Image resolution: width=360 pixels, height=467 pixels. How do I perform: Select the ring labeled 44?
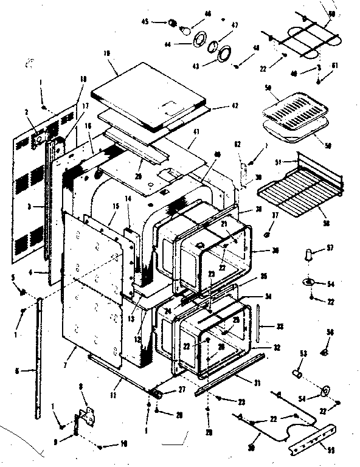(x=199, y=43)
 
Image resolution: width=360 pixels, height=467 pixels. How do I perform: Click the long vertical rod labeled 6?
(x=40, y=359)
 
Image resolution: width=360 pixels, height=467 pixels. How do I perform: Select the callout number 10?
(x=123, y=445)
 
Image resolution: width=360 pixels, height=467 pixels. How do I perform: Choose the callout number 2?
(x=27, y=111)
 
